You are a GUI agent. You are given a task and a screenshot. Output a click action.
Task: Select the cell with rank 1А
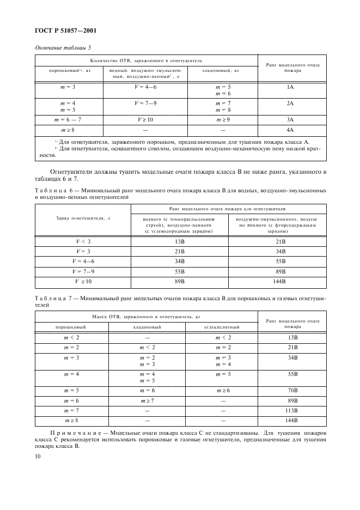[290, 87]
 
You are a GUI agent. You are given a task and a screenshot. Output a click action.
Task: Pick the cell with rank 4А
[290, 130]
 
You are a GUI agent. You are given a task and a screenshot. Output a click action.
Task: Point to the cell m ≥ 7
[147, 400]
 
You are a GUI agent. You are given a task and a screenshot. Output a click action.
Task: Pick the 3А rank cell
[290, 119]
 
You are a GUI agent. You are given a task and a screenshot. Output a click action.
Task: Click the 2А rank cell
[290, 103]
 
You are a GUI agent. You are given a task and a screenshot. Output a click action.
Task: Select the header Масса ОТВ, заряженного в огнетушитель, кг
[147, 316]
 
